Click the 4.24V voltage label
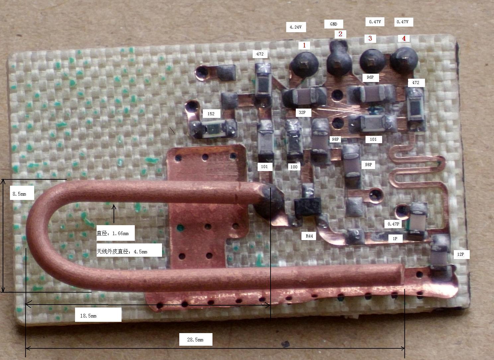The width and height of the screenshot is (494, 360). [x=296, y=27]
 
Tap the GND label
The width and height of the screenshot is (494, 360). [x=333, y=24]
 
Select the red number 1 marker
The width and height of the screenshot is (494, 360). [x=304, y=45]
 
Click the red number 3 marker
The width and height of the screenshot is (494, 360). [x=370, y=38]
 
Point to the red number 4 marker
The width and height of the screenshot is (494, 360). [x=404, y=39]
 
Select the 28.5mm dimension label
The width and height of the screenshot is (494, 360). [x=196, y=339]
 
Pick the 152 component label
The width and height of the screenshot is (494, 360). [x=211, y=114]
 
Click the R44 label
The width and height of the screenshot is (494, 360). [x=309, y=236]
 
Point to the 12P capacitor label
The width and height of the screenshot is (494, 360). [x=460, y=254]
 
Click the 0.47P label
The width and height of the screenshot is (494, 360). [x=393, y=224]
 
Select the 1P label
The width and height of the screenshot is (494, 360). [x=395, y=238]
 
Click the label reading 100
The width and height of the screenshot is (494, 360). [x=294, y=167]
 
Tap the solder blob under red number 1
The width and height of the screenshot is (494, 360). [x=304, y=64]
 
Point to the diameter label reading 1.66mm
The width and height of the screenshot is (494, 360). [x=115, y=233]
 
